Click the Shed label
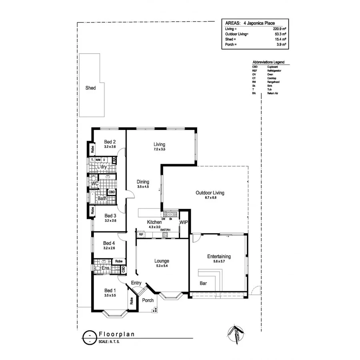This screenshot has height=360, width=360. click(x=90, y=88)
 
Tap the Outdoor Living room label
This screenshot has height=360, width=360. click(x=210, y=193)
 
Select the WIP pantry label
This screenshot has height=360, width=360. click(x=184, y=222)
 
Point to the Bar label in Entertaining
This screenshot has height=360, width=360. click(x=203, y=284)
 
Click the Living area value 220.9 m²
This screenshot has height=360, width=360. click(x=279, y=29)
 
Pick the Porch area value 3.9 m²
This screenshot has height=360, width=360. click(x=282, y=44)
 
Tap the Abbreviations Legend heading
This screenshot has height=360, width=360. click(x=268, y=63)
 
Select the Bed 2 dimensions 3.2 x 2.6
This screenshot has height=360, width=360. click(x=110, y=147)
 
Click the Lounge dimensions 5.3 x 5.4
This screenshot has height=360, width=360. click(x=162, y=266)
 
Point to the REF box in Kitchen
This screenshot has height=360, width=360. click(x=141, y=234)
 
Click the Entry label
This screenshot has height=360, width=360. click(x=136, y=283)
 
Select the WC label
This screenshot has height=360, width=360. click(x=95, y=184)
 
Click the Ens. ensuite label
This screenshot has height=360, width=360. click(x=106, y=268)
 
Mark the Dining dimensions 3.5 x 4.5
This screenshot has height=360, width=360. click(x=143, y=186)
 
